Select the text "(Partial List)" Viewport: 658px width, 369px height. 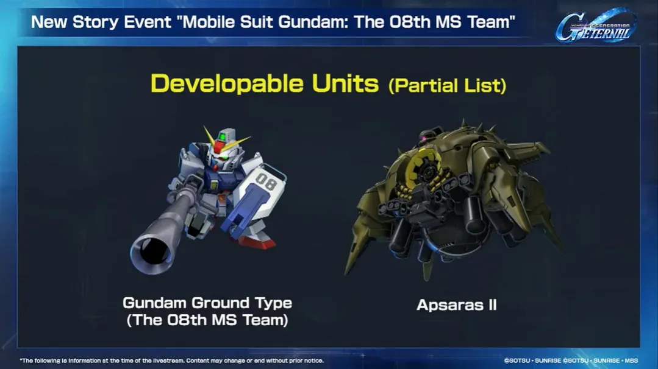447,85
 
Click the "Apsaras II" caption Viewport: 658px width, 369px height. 457,305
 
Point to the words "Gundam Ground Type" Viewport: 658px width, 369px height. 207,303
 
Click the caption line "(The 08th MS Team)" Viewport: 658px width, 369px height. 207,321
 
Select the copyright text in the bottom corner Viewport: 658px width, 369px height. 571,360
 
